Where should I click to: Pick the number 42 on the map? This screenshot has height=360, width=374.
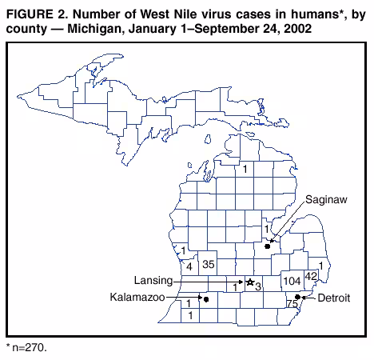(x=312, y=277)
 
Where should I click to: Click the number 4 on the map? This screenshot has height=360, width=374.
(x=189, y=266)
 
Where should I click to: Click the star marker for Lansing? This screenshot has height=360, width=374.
(x=249, y=282)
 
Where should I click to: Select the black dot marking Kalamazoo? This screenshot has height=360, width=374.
(x=205, y=299)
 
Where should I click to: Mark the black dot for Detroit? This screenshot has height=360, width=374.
(x=297, y=297)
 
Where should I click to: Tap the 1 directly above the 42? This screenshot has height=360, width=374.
(x=320, y=266)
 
